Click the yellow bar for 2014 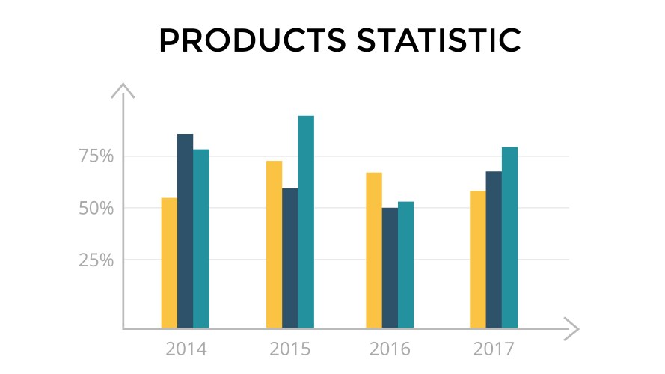[169, 263]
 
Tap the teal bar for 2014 [201, 239]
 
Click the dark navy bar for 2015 [289, 258]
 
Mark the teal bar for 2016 [405, 265]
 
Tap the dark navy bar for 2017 [494, 250]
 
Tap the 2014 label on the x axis [186, 349]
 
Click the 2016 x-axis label [390, 349]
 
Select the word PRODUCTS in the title [250, 41]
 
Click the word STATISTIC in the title [433, 41]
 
